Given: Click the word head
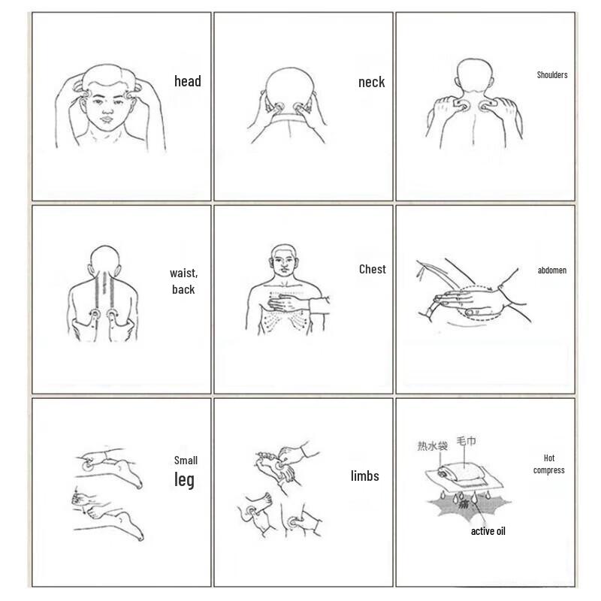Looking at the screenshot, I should pyautogui.click(x=188, y=81).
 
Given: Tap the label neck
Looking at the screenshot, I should pyautogui.click(x=371, y=82).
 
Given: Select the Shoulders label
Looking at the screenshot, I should pyautogui.click(x=552, y=75).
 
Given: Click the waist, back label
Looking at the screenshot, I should pyautogui.click(x=183, y=281).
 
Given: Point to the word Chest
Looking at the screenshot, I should pyautogui.click(x=372, y=269).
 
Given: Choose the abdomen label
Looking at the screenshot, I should pyautogui.click(x=552, y=270).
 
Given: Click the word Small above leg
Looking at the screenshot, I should pyautogui.click(x=186, y=461).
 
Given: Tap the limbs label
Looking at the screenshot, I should pyautogui.click(x=364, y=476).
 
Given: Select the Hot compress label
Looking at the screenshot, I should pyautogui.click(x=549, y=464).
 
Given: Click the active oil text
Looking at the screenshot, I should pyautogui.click(x=488, y=531).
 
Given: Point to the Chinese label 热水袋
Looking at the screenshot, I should pyautogui.click(x=433, y=445).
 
